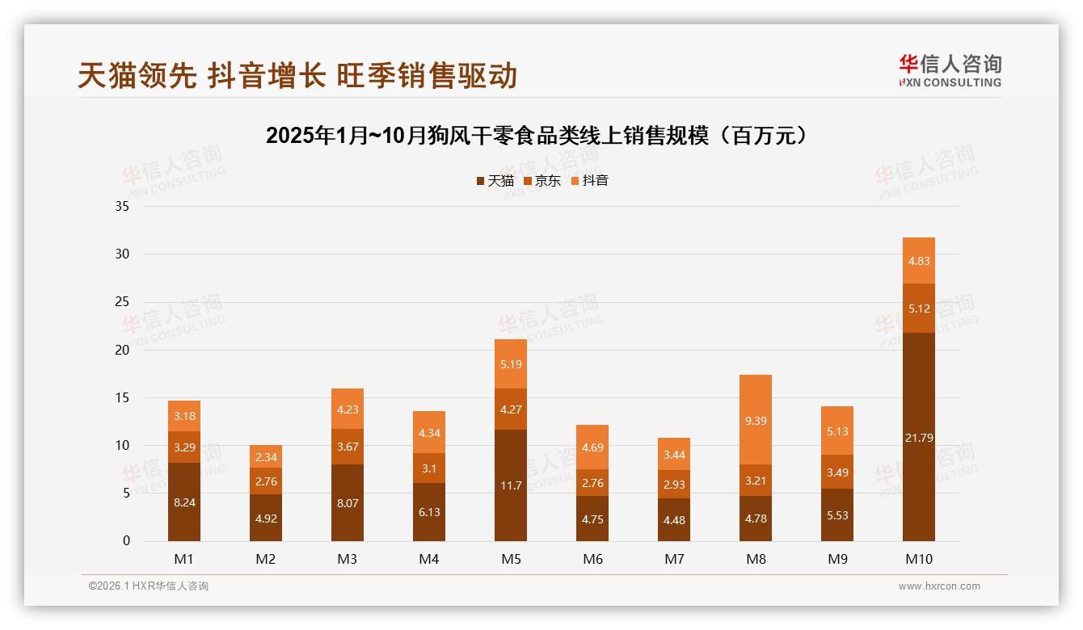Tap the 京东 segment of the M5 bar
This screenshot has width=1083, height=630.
(511, 409)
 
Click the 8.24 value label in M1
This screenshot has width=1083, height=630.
(184, 502)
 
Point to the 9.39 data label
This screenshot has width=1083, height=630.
(756, 420)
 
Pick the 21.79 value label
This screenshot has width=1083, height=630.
(919, 438)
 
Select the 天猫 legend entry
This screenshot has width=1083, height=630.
(495, 181)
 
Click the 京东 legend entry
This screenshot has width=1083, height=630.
(542, 181)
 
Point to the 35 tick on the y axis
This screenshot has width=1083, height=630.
(122, 206)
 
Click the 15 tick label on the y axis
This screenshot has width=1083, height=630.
(122, 397)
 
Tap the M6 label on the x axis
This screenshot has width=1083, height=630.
(592, 559)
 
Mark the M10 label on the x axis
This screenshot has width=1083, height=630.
(919, 559)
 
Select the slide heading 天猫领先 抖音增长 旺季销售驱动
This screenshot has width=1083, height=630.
(297, 76)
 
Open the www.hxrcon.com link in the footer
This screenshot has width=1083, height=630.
(939, 586)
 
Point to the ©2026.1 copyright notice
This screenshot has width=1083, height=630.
(149, 586)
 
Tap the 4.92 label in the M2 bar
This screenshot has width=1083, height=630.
(266, 519)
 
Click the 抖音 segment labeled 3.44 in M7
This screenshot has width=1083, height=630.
(674, 454)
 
